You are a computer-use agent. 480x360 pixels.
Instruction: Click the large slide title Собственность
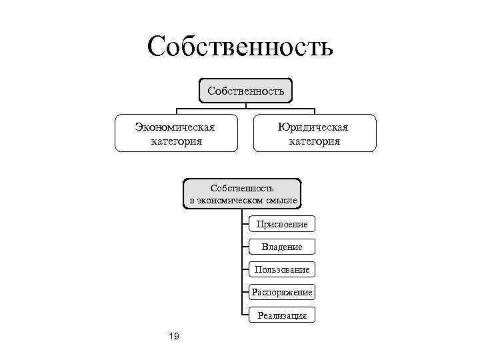click(x=240, y=47)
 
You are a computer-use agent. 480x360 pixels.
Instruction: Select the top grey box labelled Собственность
click(x=245, y=90)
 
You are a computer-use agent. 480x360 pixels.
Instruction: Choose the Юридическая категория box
click(x=315, y=133)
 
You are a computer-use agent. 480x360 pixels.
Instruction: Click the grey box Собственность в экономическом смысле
click(x=242, y=194)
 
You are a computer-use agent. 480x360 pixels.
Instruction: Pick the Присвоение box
click(x=281, y=224)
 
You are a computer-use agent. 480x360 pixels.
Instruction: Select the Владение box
click(x=281, y=247)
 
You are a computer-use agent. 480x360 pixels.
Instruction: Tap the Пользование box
click(x=281, y=269)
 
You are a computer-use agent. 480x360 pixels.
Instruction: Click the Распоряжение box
click(x=281, y=292)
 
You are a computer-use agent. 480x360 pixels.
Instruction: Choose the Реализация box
click(x=281, y=315)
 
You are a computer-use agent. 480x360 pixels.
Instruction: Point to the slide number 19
click(x=174, y=336)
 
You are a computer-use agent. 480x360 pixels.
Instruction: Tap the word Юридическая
click(x=315, y=127)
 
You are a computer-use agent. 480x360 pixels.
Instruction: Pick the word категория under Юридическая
click(x=315, y=141)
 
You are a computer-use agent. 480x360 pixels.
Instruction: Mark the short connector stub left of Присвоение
click(x=244, y=224)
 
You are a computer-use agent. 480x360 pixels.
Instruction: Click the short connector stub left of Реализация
click(x=244, y=315)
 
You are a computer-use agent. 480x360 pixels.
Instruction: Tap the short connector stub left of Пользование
click(x=244, y=269)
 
